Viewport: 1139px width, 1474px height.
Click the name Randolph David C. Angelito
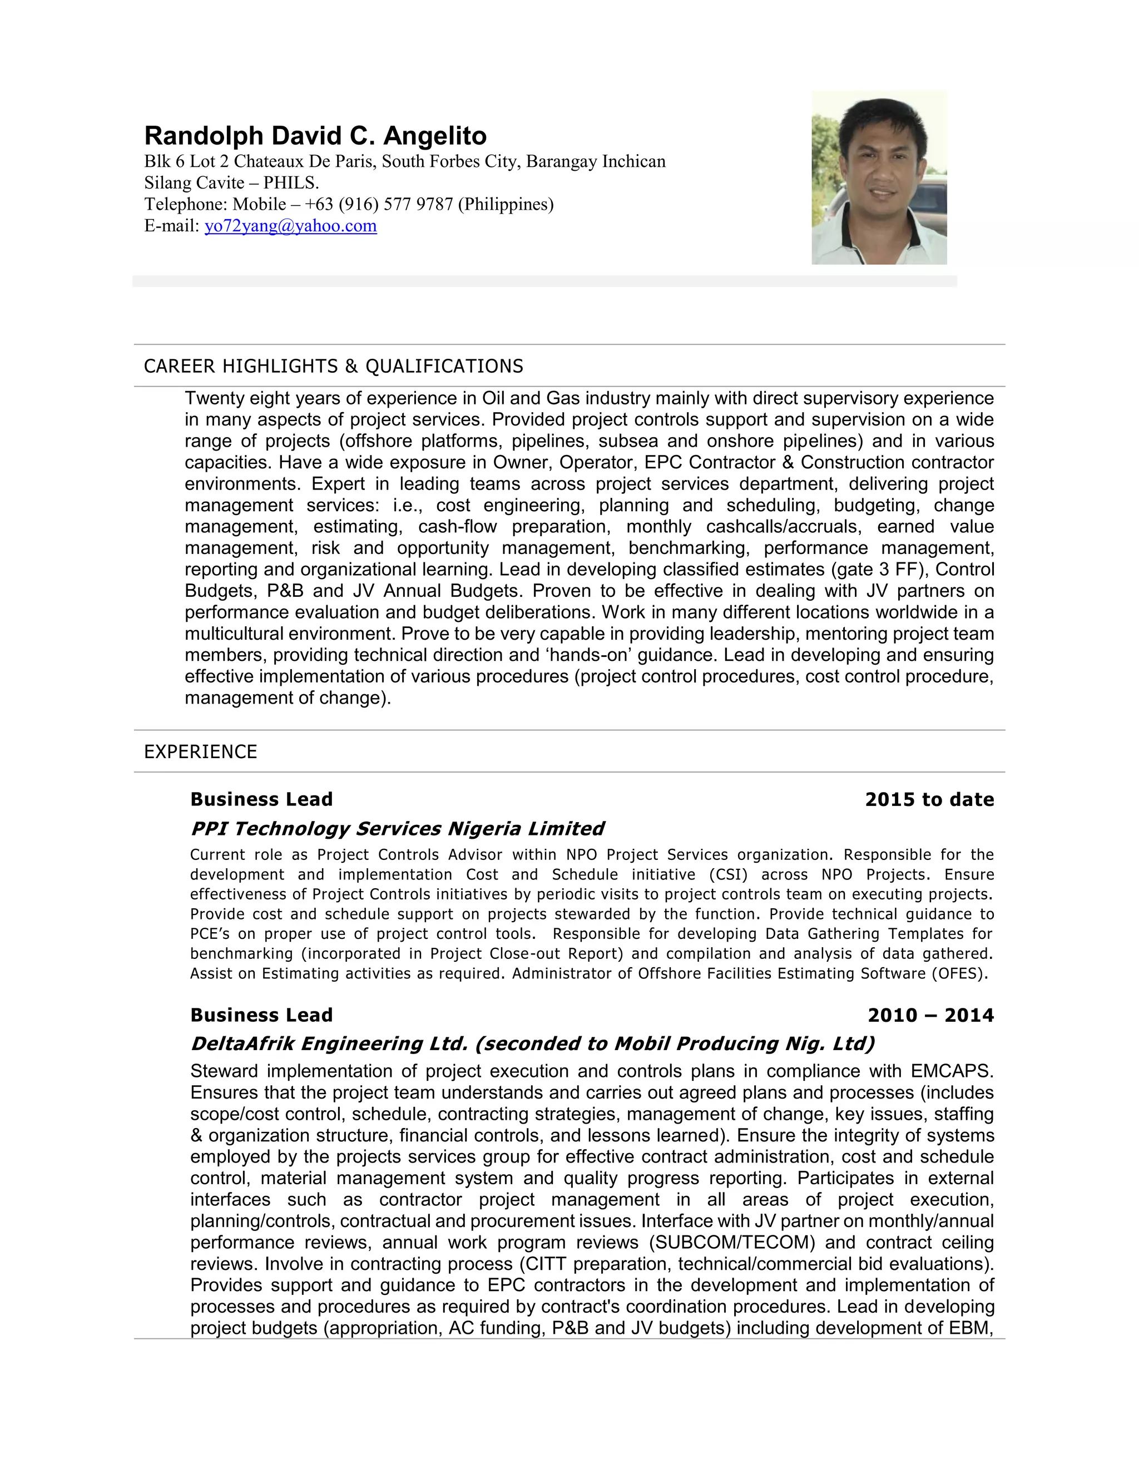tap(315, 136)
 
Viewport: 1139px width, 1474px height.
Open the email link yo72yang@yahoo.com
tap(290, 226)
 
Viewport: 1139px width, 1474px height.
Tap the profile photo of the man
tap(879, 177)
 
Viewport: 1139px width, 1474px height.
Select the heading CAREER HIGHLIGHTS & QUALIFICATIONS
tap(333, 367)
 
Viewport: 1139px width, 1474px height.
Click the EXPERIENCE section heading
tap(200, 752)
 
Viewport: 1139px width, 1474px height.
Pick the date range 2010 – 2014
tap(930, 1015)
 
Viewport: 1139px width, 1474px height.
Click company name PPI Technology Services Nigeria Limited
tap(397, 829)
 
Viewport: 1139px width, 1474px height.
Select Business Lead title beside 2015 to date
tap(261, 800)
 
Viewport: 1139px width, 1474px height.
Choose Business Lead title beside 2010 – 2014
tap(261, 1015)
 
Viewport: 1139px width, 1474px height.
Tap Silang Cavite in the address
tap(194, 183)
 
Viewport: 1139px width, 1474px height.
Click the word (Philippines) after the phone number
tap(506, 205)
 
